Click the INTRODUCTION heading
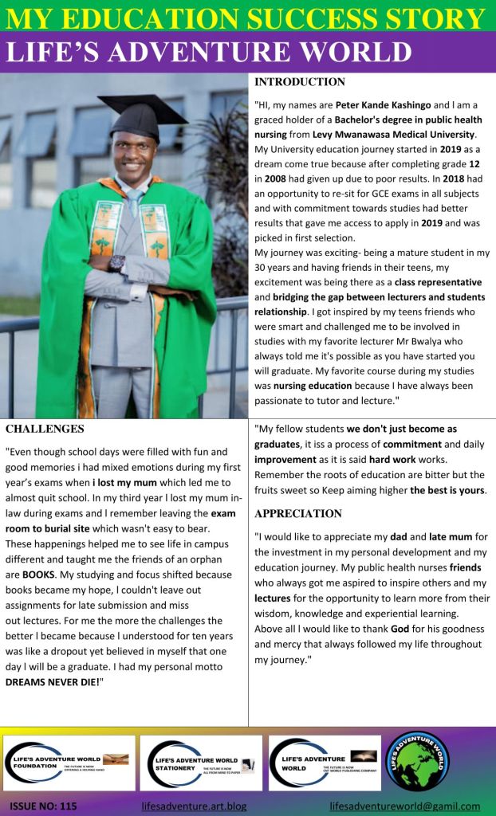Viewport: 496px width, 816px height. pyautogui.click(x=300, y=82)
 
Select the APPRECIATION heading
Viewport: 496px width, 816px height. pyautogui.click(x=298, y=514)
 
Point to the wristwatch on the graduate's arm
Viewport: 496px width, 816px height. pyautogui.click(x=117, y=262)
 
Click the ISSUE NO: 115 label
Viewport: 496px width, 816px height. pyautogui.click(x=44, y=806)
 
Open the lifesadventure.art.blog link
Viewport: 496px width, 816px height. pyautogui.click(x=194, y=806)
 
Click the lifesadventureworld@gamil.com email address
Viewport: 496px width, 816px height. pyautogui.click(x=404, y=806)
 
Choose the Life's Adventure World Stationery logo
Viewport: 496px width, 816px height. pyautogui.click(x=200, y=763)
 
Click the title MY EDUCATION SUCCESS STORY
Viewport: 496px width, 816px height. pyautogui.click(x=247, y=18)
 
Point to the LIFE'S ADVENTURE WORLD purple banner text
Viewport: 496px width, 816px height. pyautogui.click(x=209, y=52)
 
